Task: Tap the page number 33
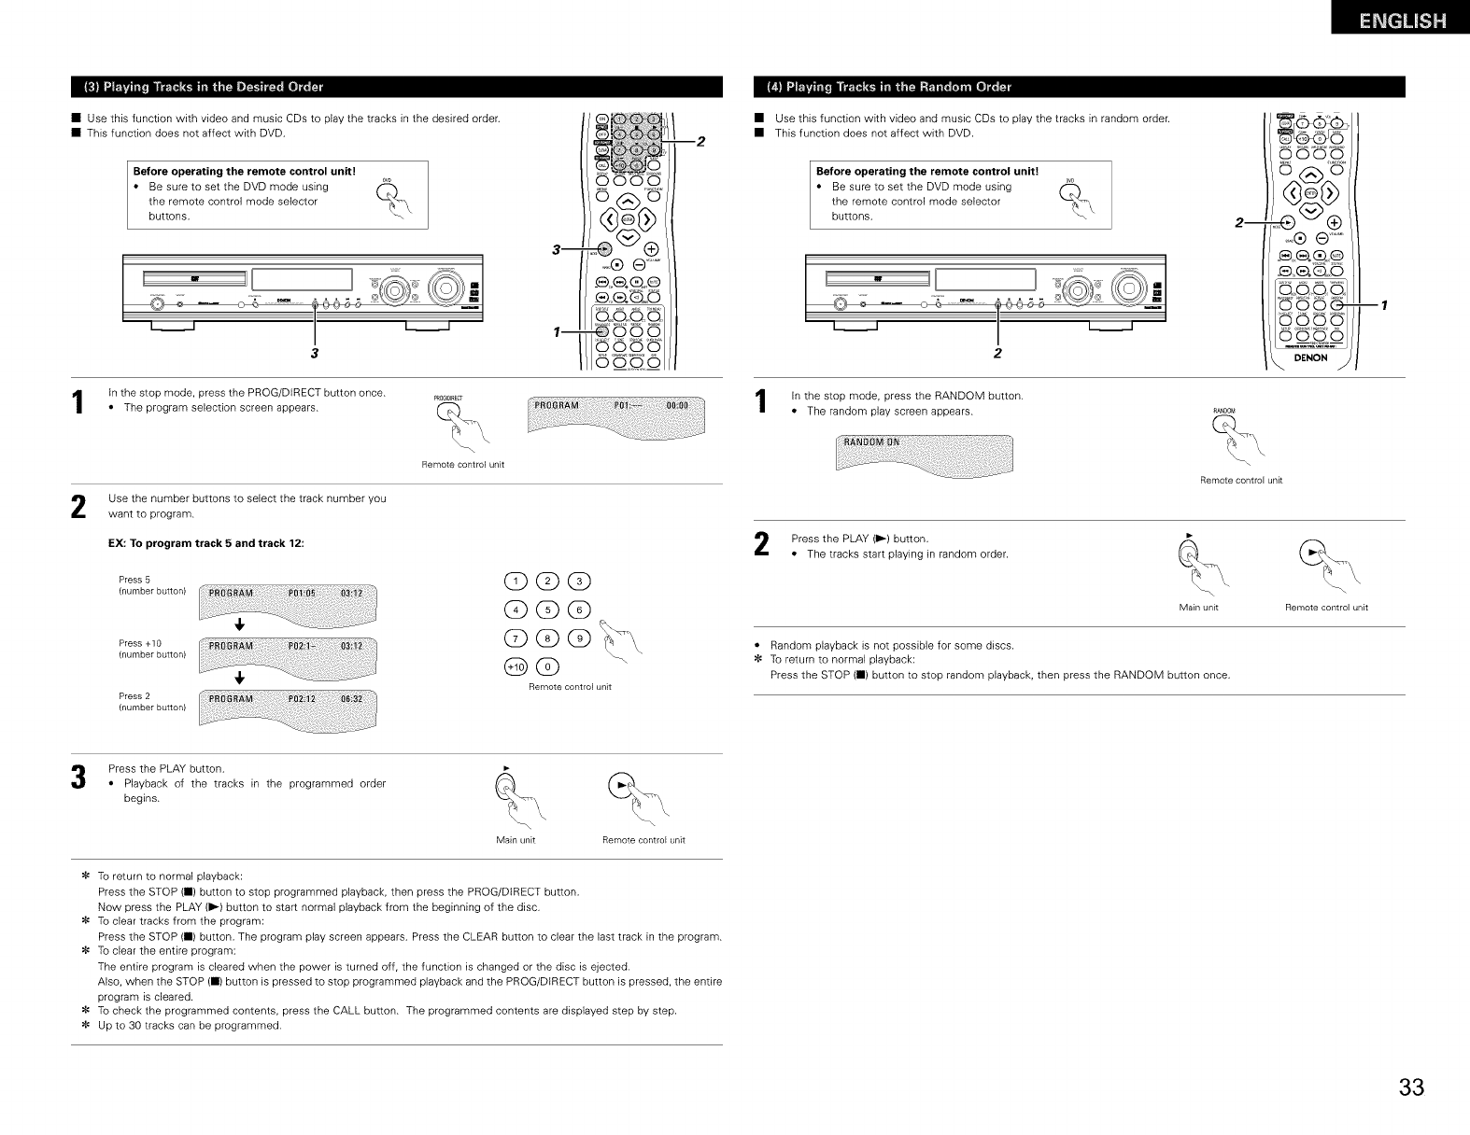point(1411,1088)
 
